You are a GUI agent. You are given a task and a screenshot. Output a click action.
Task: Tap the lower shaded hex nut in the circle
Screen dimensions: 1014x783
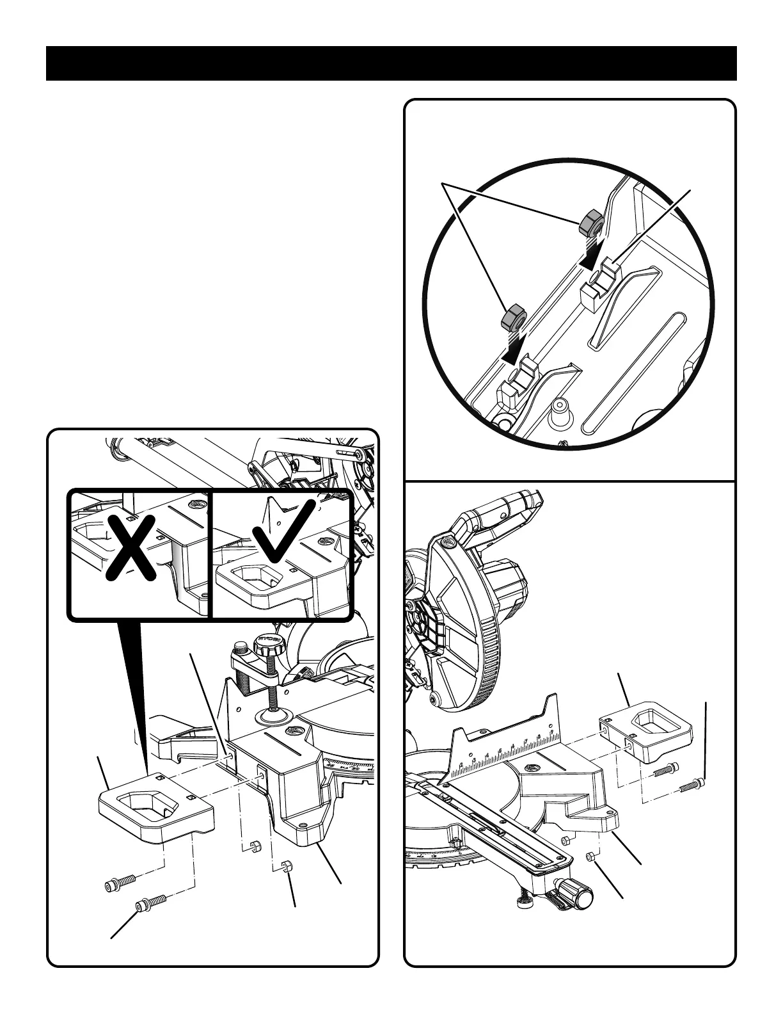(x=514, y=318)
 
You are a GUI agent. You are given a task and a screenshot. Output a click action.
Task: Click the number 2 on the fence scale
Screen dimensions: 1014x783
(x=461, y=766)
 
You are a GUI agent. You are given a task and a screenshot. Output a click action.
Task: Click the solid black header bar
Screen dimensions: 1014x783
(x=391, y=63)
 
